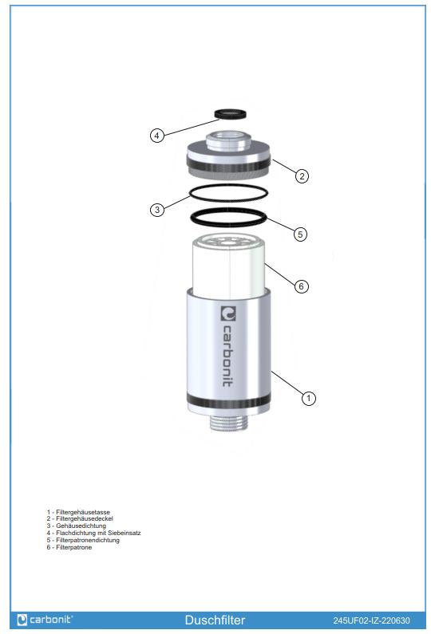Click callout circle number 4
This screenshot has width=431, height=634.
tap(157, 135)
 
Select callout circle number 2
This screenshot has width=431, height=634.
tap(302, 176)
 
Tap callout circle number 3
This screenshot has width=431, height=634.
tap(157, 210)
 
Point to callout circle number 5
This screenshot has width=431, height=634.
tap(300, 234)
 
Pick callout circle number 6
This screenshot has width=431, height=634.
tap(301, 286)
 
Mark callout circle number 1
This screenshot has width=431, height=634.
tap(308, 398)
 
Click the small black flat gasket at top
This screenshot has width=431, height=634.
tap(229, 113)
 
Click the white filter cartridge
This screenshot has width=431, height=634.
tap(228, 263)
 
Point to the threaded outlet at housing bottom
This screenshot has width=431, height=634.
tap(228, 422)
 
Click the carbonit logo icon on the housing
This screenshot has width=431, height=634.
tap(228, 313)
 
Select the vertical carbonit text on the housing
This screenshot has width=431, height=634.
tap(227, 356)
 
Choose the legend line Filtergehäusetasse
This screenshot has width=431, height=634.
tap(78, 512)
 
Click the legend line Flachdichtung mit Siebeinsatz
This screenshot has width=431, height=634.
tap(93, 533)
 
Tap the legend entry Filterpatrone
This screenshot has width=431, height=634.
tap(69, 547)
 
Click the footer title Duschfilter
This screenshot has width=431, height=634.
tap(215, 620)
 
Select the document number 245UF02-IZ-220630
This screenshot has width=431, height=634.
tap(371, 620)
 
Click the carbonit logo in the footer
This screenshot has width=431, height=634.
tap(45, 620)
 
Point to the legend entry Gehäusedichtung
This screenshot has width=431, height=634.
tap(76, 526)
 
